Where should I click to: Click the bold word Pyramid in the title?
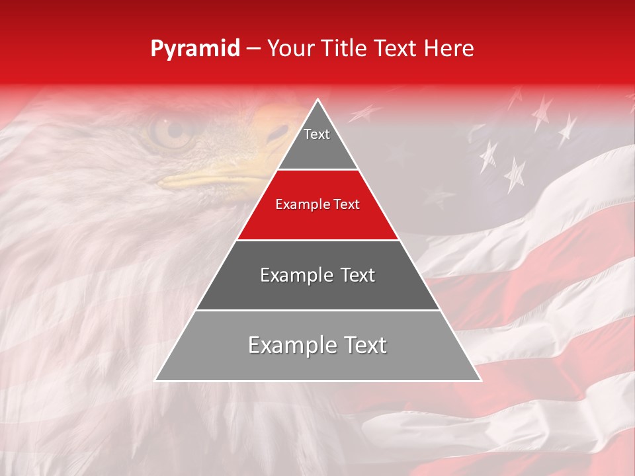pyautogui.click(x=194, y=49)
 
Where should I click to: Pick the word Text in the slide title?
pyautogui.click(x=397, y=49)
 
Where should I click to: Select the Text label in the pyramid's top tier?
pyautogui.click(x=317, y=134)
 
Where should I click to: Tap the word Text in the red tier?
pyautogui.click(x=347, y=204)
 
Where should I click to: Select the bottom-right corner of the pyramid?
pyautogui.click(x=480, y=380)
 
